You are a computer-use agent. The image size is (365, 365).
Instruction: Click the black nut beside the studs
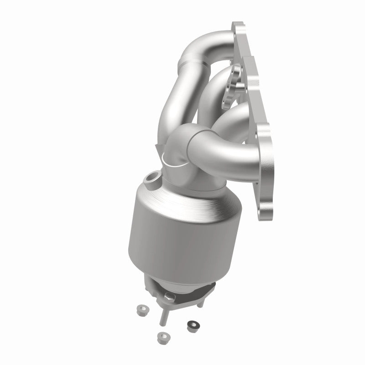[x=190, y=326]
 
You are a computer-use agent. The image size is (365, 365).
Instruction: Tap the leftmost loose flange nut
[x=141, y=311]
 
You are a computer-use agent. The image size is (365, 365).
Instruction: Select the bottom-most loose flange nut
[x=161, y=338]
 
